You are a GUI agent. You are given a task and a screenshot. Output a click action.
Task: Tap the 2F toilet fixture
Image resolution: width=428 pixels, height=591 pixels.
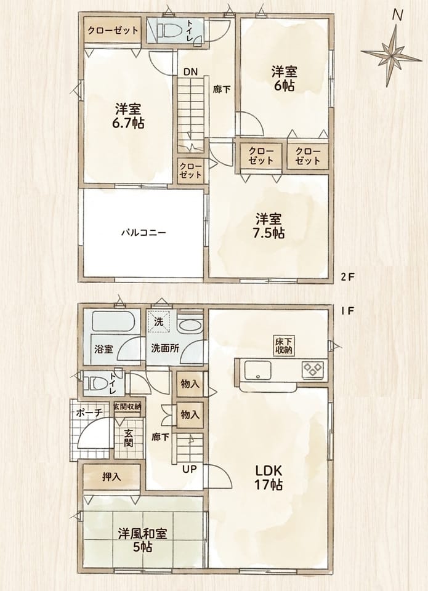pos(169,30)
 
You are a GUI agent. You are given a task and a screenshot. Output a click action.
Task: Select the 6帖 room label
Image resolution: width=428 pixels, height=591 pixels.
pos(284,79)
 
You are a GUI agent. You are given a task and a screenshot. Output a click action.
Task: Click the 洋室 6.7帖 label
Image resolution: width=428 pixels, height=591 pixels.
pos(128,116)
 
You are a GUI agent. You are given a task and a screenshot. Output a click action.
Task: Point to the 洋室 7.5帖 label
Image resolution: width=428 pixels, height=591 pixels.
pos(269,226)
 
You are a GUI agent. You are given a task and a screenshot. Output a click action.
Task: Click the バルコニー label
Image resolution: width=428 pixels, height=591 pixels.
pos(143,232)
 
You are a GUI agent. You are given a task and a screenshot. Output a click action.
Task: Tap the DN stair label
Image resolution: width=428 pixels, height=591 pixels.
pos(190,72)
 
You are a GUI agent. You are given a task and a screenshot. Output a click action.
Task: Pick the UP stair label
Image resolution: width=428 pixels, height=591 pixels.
pos(190,469)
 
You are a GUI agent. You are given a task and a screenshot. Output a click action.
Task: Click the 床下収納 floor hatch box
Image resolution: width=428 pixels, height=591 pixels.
pos(285,346)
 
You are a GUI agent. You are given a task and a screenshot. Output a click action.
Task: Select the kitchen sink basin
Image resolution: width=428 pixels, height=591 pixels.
pos(258,370)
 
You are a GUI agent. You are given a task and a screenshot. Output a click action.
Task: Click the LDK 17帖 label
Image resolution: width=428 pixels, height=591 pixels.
pos(269,477)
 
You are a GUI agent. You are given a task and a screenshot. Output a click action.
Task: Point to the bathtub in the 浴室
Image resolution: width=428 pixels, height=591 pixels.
pos(113,321)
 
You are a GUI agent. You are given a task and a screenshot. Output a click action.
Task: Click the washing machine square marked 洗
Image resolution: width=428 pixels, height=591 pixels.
pos(158,321)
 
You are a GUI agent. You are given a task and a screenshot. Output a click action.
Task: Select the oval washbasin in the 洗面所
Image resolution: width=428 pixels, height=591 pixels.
pos(189,325)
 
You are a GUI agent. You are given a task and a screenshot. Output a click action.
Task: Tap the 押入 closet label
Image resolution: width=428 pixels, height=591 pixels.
pos(112,476)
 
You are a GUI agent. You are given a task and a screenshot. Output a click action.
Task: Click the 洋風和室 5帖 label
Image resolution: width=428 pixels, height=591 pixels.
pos(142,540)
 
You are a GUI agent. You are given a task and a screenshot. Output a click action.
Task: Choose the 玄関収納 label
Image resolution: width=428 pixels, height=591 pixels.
pos(128,406)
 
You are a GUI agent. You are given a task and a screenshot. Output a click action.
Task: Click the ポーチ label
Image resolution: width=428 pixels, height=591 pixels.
pos(89,412)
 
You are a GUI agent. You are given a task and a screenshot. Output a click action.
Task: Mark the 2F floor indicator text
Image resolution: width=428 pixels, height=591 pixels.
pos(348,278)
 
